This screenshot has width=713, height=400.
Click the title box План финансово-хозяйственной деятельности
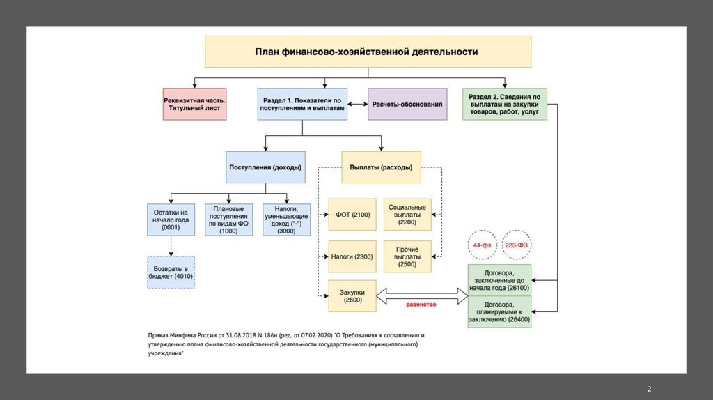point(367,52)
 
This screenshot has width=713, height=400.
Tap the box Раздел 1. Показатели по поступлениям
point(301,105)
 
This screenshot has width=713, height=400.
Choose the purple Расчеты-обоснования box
point(407,105)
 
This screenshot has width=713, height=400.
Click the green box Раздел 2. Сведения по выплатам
point(504,105)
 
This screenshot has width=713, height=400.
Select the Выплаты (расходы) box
point(381,167)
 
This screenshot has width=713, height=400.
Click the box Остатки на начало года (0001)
point(171,220)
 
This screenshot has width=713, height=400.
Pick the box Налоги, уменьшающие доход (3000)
point(285,220)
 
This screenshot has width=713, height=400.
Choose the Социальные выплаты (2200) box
point(407,215)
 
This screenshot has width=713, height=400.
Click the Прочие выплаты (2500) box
point(407,257)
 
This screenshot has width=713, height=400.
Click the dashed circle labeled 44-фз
point(482,246)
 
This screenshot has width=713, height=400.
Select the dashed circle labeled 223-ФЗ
point(515,246)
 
